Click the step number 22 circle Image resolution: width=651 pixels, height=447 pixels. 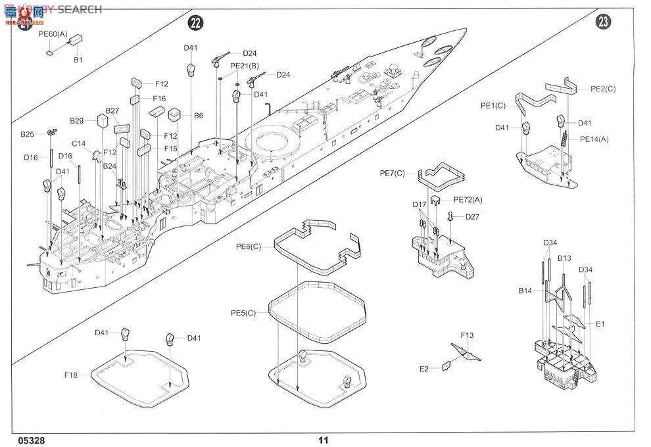[x=195, y=23]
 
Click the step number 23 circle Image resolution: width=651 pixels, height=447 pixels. [x=603, y=23]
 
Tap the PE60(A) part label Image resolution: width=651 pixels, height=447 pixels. [x=53, y=34]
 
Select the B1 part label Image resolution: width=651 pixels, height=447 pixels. [x=78, y=60]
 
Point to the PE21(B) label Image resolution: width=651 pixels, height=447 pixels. [x=244, y=66]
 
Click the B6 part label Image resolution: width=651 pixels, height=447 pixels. [x=199, y=116]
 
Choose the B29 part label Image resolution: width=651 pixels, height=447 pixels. [x=77, y=120]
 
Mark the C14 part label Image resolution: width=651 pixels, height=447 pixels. [x=79, y=143]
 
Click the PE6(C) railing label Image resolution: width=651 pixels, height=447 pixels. [x=249, y=247]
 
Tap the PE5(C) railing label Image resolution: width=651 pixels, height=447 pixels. [x=243, y=313]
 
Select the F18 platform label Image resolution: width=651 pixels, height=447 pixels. [x=71, y=375]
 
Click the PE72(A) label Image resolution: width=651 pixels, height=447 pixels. [x=468, y=199]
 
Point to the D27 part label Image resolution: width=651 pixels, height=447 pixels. [x=473, y=217]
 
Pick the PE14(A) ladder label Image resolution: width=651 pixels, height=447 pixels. [x=594, y=139]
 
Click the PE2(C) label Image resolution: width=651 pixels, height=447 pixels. [x=603, y=89]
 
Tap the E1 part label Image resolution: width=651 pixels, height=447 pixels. [x=600, y=323]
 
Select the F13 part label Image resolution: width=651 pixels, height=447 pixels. [x=467, y=335]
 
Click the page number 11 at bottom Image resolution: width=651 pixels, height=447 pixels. [x=323, y=440]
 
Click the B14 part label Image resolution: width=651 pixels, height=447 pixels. [x=525, y=290]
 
